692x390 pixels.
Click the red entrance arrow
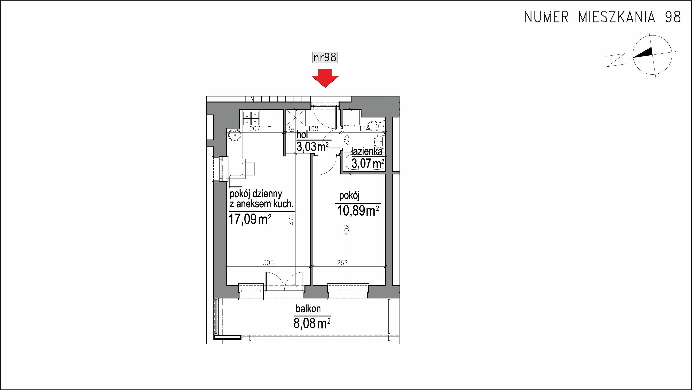pyautogui.click(x=325, y=77)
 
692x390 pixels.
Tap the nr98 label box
pyautogui.click(x=325, y=57)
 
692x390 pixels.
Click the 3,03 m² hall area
pyautogui.click(x=312, y=147)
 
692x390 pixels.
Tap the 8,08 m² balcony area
pyautogui.click(x=312, y=323)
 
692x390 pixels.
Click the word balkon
pyautogui.click(x=308, y=309)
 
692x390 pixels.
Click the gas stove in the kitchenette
pyautogui.click(x=251, y=119)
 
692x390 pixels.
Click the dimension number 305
pyautogui.click(x=268, y=263)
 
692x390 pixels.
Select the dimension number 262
pyautogui.click(x=342, y=263)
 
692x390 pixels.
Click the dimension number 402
pyautogui.click(x=347, y=230)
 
